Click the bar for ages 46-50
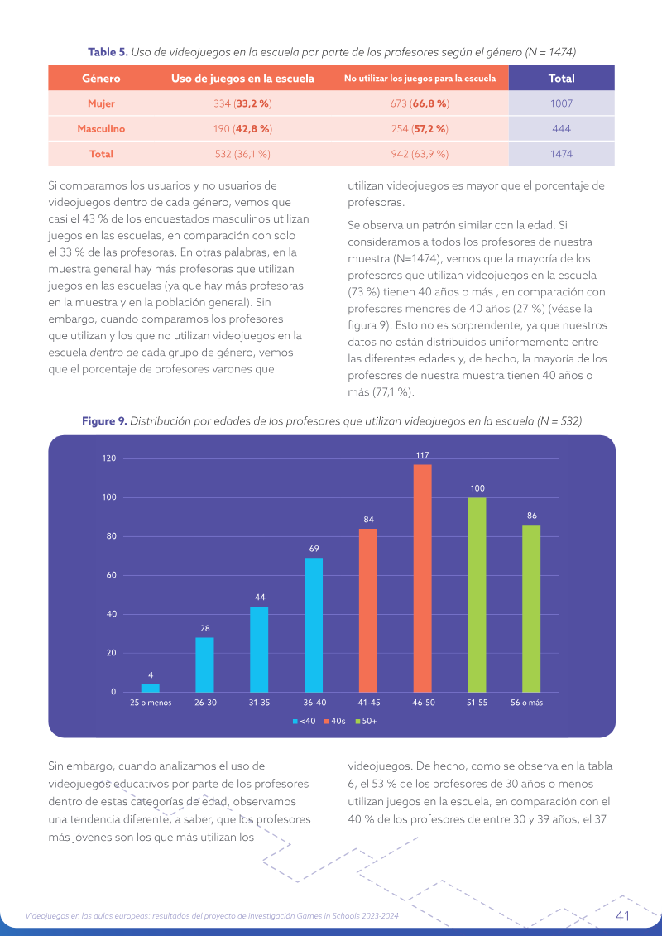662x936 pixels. [422, 578]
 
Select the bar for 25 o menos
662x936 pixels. [151, 689]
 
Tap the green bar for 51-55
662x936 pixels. [477, 594]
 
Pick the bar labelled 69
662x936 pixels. [314, 625]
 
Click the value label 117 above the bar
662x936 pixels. [422, 455]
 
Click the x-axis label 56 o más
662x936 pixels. [526, 703]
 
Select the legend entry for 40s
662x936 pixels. [335, 721]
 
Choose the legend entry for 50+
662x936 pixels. [366, 721]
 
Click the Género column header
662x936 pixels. [101, 78]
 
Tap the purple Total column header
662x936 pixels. [561, 78]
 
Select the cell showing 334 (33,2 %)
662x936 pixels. [242, 103]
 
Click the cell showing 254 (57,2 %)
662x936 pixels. [419, 128]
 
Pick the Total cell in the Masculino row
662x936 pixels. [561, 128]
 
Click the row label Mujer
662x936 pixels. [101, 103]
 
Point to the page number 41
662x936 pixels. [622, 915]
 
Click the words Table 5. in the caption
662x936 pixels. [108, 52]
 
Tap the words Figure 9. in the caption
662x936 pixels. [104, 421]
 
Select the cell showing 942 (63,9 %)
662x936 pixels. [419, 153]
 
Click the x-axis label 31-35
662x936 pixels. [259, 703]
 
